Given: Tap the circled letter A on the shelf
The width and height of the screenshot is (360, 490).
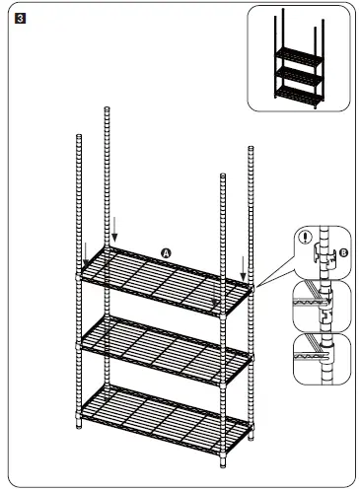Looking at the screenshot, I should click(x=167, y=253).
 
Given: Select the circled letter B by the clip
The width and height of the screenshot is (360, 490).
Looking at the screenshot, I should click(x=343, y=251).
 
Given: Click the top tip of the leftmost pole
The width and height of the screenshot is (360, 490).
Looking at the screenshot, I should click(x=77, y=132).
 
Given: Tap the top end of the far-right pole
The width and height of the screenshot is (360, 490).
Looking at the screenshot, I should click(x=251, y=147).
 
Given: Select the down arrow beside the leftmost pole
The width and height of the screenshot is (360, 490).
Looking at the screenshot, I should click(x=86, y=254).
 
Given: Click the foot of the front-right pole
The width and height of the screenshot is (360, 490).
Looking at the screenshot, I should click(x=222, y=462).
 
